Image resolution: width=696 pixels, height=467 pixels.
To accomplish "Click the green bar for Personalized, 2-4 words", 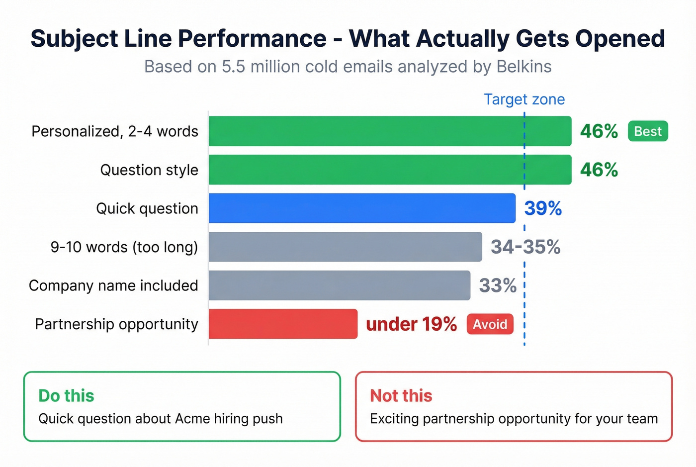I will point(390,131).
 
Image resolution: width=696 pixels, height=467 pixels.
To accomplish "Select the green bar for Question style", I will point(390,170).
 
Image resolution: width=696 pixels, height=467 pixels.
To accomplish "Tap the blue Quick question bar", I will point(362,208).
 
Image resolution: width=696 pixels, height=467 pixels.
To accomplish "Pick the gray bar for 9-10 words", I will point(345,247).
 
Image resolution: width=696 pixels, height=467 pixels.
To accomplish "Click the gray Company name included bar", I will point(339,285).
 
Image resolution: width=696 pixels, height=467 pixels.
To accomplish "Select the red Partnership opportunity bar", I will point(283,324).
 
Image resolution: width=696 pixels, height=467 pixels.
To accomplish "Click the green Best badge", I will point(648,131).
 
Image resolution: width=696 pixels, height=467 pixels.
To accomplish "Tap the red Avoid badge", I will point(490,324).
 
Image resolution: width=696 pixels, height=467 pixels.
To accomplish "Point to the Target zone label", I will point(524,99).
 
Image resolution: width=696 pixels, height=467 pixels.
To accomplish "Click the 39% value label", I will point(543,208).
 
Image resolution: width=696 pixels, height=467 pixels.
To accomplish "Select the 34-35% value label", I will point(525,247).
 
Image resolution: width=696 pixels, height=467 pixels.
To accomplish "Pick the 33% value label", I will point(498,285).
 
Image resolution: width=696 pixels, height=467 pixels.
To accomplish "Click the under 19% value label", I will point(411,324).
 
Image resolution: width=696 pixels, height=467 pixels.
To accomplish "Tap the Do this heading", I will point(66,395).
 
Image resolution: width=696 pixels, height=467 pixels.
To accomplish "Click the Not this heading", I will point(401,395).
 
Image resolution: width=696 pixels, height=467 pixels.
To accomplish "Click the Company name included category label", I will point(113,285).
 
